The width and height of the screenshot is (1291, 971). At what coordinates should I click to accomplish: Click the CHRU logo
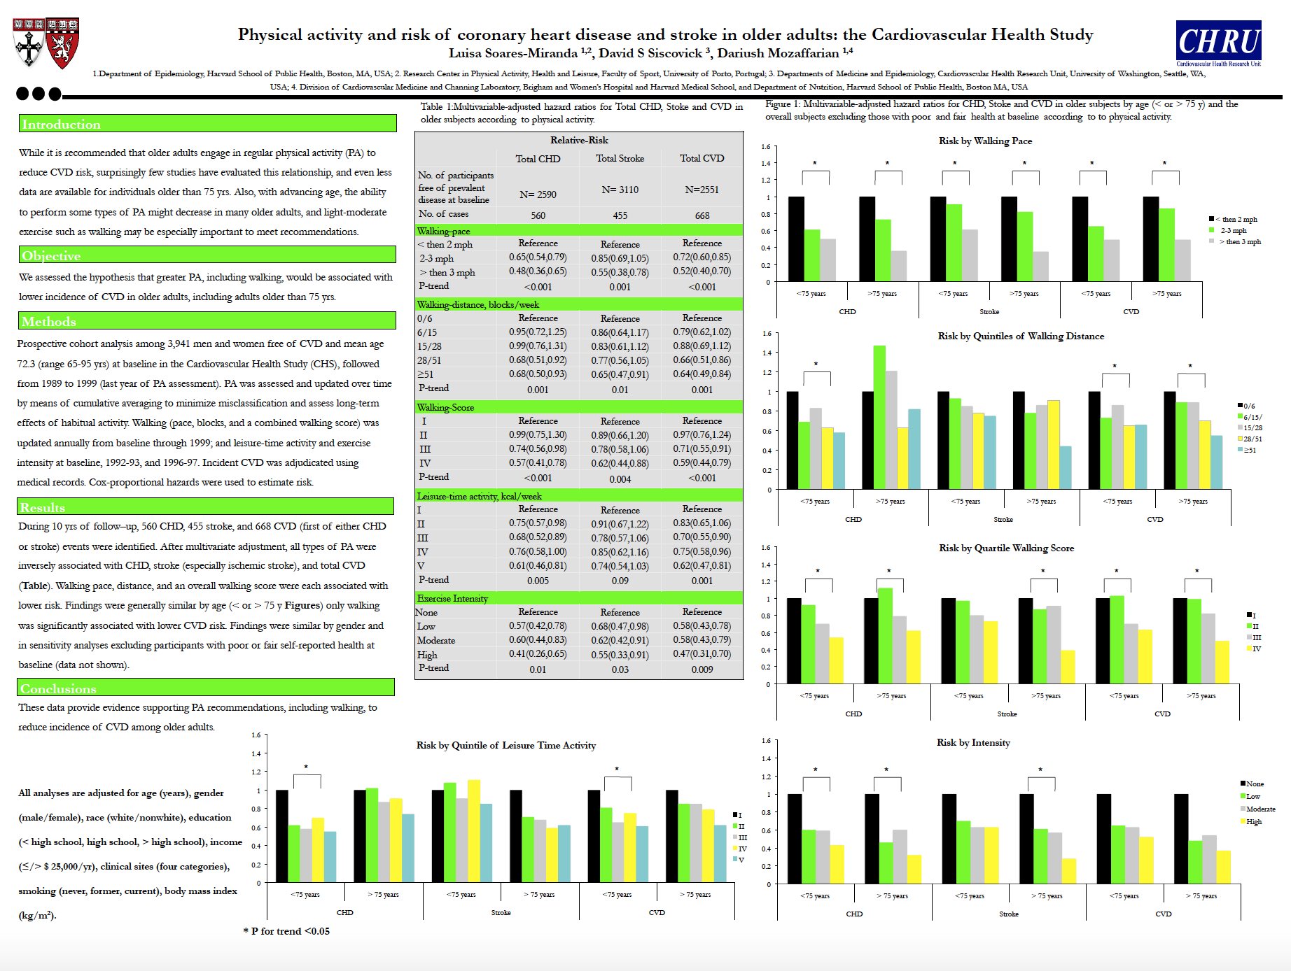point(1218,43)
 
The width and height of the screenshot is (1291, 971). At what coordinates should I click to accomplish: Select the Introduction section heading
point(62,125)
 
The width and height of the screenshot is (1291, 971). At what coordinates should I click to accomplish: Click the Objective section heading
point(51,256)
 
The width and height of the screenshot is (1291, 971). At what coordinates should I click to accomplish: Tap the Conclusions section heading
point(58,689)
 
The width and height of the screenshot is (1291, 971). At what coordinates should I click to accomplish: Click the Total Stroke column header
point(620,159)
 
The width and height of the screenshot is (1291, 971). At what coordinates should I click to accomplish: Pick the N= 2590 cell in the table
point(538,194)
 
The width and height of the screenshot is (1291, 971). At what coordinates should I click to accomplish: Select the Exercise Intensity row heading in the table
point(452,599)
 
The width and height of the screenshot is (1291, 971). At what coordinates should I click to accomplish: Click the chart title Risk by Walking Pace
point(985,141)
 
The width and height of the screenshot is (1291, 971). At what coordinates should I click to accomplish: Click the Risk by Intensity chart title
point(973,743)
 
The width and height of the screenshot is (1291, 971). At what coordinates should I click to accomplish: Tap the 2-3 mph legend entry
point(1233,231)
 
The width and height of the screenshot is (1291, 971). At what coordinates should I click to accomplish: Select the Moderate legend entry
point(1260,809)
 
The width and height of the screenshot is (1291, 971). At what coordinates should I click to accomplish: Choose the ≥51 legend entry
point(1250,451)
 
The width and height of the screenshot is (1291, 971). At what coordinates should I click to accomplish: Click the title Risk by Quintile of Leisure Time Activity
point(505,746)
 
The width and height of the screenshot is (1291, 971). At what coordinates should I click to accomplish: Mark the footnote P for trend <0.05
point(286,931)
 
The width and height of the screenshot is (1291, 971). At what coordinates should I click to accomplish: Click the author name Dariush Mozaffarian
point(778,54)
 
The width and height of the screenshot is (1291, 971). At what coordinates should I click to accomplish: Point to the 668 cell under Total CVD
point(702,216)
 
